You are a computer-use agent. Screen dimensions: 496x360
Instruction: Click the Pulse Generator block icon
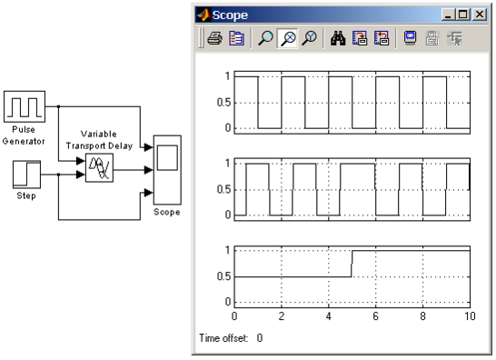(x=25, y=106)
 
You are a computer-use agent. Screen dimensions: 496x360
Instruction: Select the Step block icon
(x=26, y=175)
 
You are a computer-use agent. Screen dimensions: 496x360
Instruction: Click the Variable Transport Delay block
(x=99, y=168)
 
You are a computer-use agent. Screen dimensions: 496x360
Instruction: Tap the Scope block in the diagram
(x=167, y=170)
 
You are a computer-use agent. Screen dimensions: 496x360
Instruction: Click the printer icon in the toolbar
(x=214, y=38)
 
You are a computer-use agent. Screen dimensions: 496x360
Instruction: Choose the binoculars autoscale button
(x=338, y=38)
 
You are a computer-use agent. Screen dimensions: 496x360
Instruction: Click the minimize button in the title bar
(x=448, y=15)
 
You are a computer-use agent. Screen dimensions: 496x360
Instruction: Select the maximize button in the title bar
(x=463, y=15)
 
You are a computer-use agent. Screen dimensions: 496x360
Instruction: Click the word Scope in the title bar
(x=230, y=15)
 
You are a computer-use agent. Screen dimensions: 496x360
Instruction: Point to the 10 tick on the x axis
(x=470, y=316)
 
